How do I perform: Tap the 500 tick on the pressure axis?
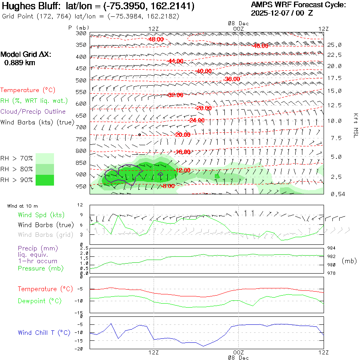click(82, 80)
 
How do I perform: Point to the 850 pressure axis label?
click(82, 163)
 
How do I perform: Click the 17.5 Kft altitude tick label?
click(334, 78)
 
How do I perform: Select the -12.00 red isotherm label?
click(182, 170)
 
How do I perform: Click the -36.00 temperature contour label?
click(232, 79)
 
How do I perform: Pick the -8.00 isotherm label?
click(167, 186)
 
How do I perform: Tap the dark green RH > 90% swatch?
click(45, 180)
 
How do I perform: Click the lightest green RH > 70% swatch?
click(45, 158)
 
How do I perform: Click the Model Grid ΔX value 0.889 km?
click(20, 62)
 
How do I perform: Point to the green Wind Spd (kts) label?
click(41, 215)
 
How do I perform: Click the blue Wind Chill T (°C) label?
click(44, 332)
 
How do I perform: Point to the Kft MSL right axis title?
click(355, 125)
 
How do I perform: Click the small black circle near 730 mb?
click(139, 134)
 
